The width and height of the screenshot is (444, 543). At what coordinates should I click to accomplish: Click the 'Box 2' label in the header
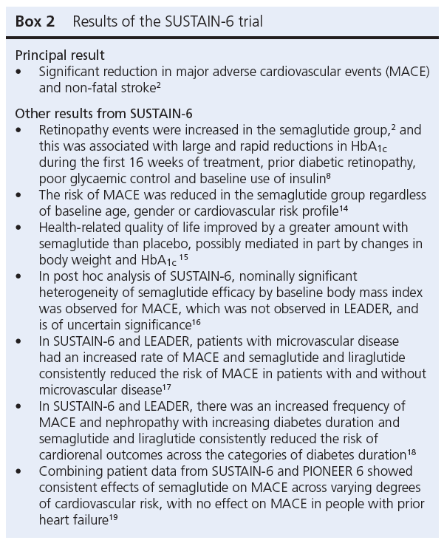[x=35, y=22]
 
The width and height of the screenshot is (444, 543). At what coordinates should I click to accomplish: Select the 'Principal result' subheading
[x=60, y=55]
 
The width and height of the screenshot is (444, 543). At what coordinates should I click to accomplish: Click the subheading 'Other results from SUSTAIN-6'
[x=103, y=114]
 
